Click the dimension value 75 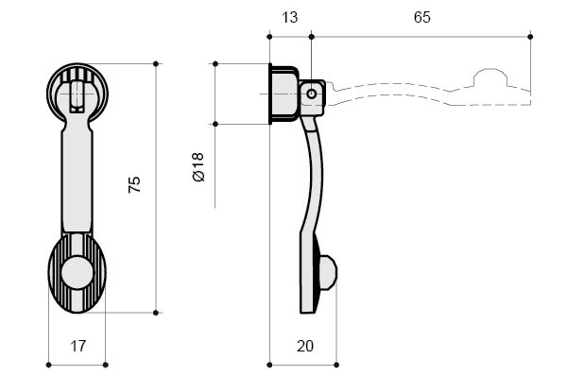[134, 185]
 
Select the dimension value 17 [78, 346]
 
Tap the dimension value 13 [289, 17]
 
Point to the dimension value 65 [422, 17]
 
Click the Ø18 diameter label [198, 167]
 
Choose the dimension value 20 [305, 346]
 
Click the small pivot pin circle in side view [311, 94]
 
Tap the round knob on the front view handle [77, 273]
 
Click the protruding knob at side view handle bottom [328, 273]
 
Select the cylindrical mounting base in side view [283, 94]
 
